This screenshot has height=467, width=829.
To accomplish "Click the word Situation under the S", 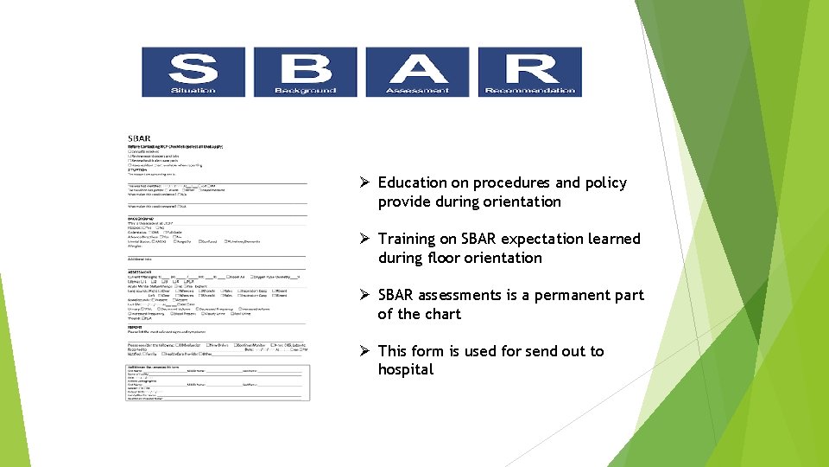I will click(x=193, y=90).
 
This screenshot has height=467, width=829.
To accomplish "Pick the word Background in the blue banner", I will click(x=305, y=90).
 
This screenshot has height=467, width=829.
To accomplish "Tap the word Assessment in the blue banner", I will click(x=417, y=90).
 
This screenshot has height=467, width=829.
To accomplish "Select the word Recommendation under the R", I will click(x=530, y=90).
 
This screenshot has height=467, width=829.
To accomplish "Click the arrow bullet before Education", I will click(x=366, y=182).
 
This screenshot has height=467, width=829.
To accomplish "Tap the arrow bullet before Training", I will click(x=366, y=239).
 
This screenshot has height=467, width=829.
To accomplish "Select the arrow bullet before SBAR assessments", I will click(x=366, y=295).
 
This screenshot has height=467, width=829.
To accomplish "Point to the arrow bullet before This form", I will click(x=366, y=351).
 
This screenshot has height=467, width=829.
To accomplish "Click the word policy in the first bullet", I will click(x=605, y=182).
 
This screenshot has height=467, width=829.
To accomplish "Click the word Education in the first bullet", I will click(x=413, y=182).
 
